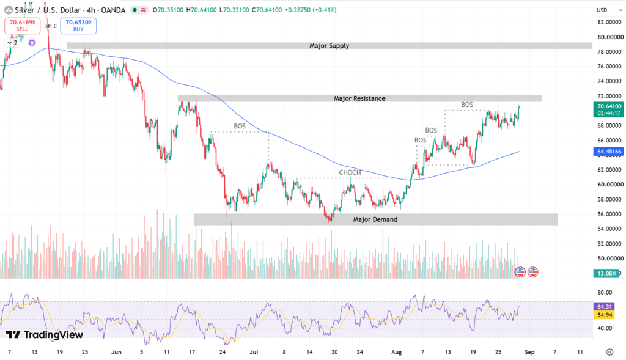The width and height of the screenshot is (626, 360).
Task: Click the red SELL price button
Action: (x=23, y=26)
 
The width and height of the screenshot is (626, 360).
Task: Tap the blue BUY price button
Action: (x=78, y=26)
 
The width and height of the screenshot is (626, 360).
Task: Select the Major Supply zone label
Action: (x=330, y=46)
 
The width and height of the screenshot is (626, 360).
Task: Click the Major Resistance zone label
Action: (x=359, y=98)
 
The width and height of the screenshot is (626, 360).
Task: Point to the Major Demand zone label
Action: (x=375, y=219)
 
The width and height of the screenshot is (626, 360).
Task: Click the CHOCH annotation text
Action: (x=350, y=172)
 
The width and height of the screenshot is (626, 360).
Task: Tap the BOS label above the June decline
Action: (x=240, y=126)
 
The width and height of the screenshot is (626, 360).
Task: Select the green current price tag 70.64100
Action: (x=608, y=109)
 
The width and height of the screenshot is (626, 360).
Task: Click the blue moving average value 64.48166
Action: (x=608, y=152)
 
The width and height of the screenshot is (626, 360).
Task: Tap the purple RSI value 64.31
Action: (x=604, y=306)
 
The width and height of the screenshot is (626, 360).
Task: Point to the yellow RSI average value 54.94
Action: (x=604, y=315)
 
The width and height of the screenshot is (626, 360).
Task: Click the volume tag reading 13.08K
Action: (x=606, y=273)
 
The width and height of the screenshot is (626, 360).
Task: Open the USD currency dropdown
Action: (x=609, y=10)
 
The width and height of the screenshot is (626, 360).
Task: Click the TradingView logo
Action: (x=44, y=334)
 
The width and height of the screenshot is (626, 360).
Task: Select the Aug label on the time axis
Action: (x=396, y=352)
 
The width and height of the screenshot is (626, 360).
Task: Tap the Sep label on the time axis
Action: (x=529, y=352)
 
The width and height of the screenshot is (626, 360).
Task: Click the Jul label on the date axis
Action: (x=254, y=352)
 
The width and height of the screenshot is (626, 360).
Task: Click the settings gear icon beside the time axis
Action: (x=609, y=352)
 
